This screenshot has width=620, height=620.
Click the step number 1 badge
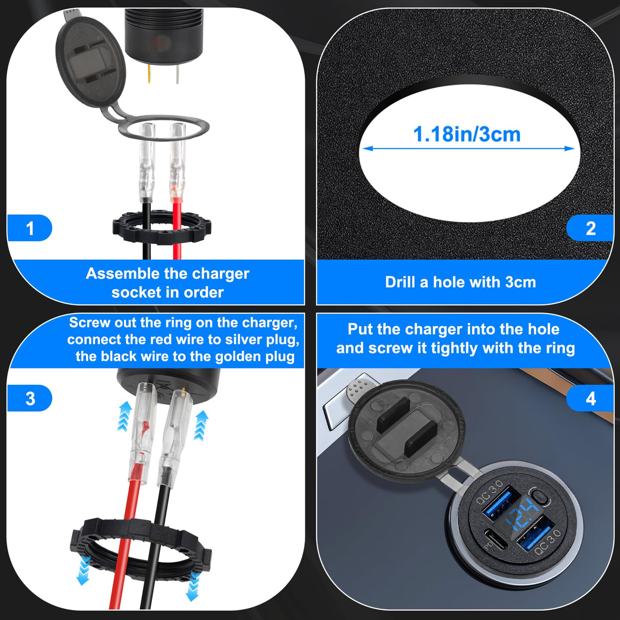(29, 228)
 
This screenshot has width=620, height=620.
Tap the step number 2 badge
(590, 228)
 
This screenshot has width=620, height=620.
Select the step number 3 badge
(29, 398)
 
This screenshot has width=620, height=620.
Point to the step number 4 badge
(590, 398)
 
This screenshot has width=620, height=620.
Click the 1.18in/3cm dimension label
(467, 134)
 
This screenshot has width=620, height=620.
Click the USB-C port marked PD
(496, 540)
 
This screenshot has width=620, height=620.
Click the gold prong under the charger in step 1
(149, 74)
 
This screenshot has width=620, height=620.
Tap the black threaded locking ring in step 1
(162, 227)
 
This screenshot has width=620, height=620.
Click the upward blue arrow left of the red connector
(125, 416)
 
